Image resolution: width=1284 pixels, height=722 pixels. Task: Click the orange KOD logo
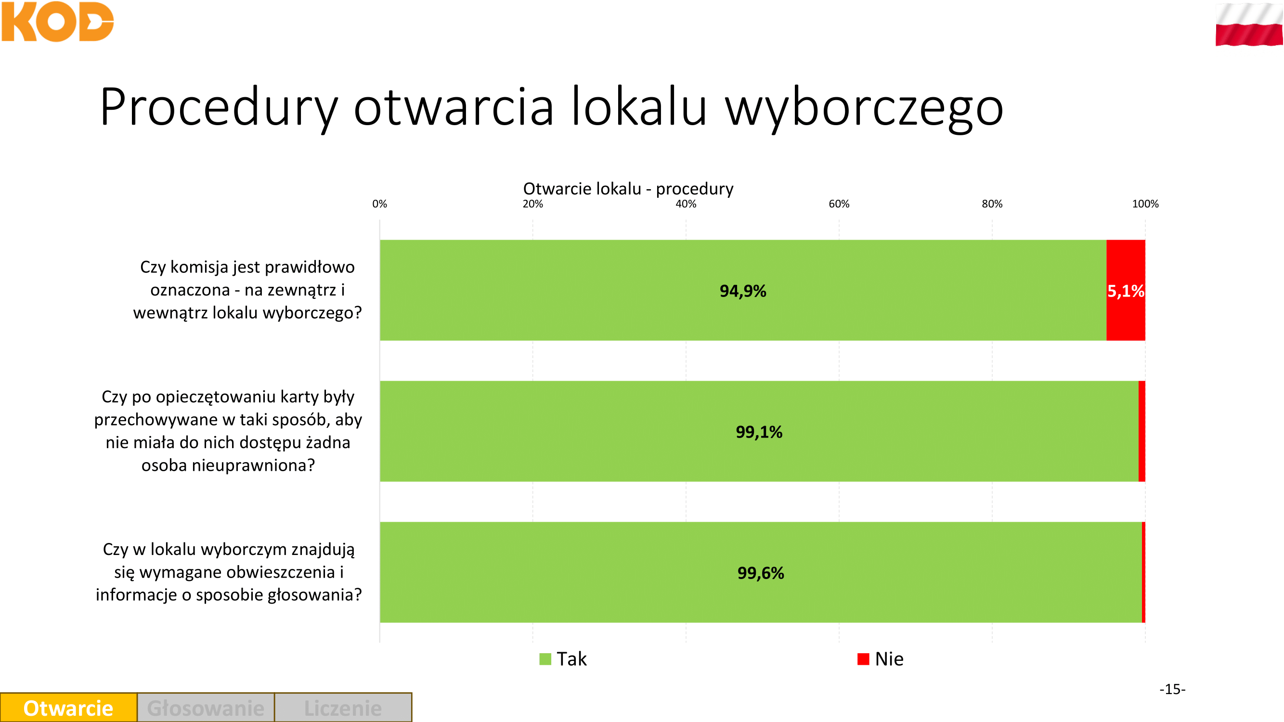pos(57,22)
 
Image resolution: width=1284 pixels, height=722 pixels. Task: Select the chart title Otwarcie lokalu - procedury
pos(628,188)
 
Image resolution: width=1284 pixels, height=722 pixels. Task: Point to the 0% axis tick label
pos(380,204)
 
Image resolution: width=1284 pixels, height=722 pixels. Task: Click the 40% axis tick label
pos(686,204)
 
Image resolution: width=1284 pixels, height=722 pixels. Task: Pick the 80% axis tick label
pos(992,204)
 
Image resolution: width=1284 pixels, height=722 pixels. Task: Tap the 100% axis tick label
pos(1145,204)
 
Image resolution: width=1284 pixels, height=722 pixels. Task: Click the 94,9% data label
pos(743,291)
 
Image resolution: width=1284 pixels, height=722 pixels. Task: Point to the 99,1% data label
pos(759,432)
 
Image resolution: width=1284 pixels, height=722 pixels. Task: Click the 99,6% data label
pos(761,573)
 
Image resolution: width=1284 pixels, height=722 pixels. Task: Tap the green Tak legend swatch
pos(545,659)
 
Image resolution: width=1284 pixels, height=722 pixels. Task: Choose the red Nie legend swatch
pos(863,659)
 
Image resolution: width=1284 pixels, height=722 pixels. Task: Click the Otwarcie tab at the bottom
pos(69,708)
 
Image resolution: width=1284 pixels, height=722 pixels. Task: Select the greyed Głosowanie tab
pos(206,708)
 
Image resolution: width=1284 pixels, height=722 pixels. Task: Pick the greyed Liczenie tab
pos(343,708)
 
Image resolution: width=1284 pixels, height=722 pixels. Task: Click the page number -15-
pos(1172,689)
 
